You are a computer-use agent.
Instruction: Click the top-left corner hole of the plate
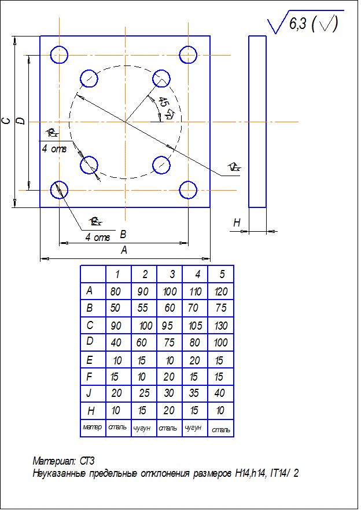[x=59, y=55]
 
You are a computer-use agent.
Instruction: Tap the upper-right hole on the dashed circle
[x=161, y=78]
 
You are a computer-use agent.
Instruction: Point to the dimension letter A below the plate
[x=123, y=250]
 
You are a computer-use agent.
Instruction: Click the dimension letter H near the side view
[x=237, y=223]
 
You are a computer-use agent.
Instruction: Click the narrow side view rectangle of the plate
[x=257, y=121]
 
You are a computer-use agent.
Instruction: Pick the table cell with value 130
[x=220, y=325]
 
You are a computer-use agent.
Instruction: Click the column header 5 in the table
[x=222, y=273]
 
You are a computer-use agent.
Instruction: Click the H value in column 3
[x=170, y=411]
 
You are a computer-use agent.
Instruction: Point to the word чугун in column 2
[x=143, y=428]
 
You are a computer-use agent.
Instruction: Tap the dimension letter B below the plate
[x=123, y=235]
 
